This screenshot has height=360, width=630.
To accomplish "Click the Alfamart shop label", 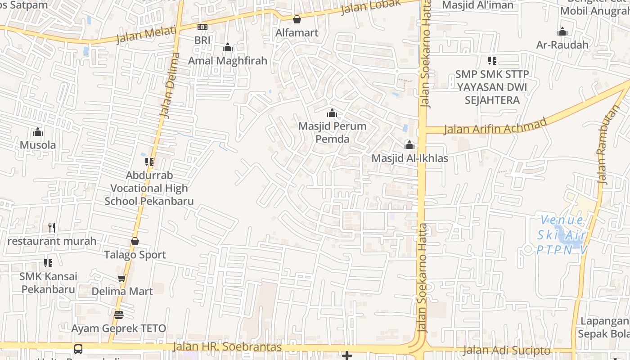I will coord(297,33).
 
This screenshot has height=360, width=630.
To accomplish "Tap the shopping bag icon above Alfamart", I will coord(297,19).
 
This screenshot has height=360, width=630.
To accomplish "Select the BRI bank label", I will coord(202,40).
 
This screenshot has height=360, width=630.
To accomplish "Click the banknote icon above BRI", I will coord(202,27).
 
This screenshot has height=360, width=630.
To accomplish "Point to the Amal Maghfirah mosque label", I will coord(228,61).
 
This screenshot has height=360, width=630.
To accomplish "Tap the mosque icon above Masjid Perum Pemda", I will coord(332,113).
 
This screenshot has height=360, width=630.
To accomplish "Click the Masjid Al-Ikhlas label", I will coord(409,158).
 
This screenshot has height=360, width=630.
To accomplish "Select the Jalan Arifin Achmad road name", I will coord(495,125).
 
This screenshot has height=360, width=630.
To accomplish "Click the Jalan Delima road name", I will coord(169,85).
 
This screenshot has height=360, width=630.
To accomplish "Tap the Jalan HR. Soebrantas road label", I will coord(227,347).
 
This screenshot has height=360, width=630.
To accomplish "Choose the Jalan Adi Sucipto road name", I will coord(507,350).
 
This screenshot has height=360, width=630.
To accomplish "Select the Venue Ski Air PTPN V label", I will coord(562,234).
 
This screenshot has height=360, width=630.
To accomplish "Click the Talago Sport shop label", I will coord(135,255).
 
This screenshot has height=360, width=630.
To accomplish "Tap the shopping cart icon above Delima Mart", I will coord(121,278).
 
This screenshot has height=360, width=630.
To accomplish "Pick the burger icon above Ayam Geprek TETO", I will coord(119,315).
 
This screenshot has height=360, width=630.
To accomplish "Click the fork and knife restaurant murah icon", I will coord(52,228).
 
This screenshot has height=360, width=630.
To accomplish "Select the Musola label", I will coord(38,145).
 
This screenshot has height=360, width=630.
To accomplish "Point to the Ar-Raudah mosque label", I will coord(562,45).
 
